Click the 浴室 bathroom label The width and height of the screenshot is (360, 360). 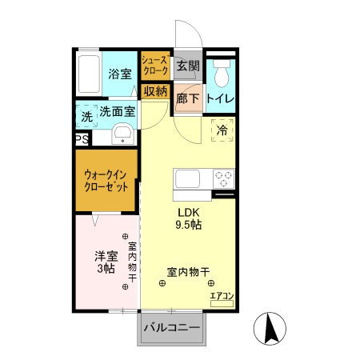coord(121,74)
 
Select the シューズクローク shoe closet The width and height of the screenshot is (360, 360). coord(154,66)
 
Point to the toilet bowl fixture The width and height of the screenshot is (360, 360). coord(222,74)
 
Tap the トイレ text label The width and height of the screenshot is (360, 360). coord(221,98)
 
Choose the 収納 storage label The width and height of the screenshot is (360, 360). coord(155,91)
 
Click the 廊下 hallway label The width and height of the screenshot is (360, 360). coord(187,98)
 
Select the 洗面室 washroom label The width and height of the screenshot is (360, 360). coord(118,112)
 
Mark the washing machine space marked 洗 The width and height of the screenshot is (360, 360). coord(86,117)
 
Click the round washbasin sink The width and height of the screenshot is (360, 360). coord(122,134)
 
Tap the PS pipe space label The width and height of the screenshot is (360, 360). coord(82,139)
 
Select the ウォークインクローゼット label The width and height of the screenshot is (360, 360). coord(107,180)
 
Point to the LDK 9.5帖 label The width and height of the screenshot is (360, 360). coord(190,218)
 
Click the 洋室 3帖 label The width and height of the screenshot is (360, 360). coord(106,262)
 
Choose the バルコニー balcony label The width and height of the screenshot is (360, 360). coord(171,327)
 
